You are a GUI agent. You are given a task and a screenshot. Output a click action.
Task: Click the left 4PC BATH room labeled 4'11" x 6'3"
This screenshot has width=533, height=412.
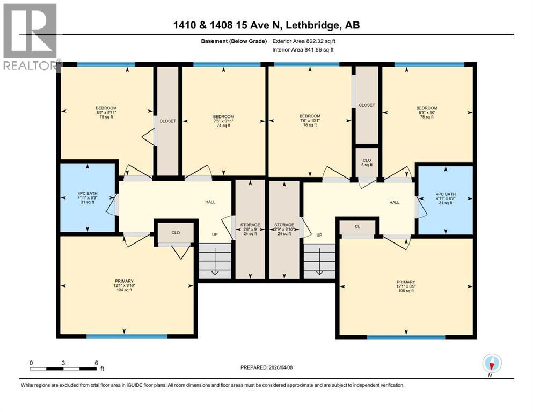[x=87, y=197]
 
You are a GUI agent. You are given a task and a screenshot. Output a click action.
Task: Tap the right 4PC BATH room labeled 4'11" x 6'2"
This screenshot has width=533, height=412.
[x=446, y=198]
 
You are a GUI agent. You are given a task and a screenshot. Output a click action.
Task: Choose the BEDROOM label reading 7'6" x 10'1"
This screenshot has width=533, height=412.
[x=310, y=121]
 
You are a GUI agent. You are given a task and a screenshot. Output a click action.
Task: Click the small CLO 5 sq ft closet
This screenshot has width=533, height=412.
[x=367, y=163]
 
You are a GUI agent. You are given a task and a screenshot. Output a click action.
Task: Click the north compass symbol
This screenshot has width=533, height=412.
[x=492, y=363]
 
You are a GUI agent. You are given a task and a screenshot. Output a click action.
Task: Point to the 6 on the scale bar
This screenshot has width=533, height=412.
[x=96, y=363]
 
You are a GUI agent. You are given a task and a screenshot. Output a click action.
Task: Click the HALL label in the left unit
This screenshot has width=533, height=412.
[x=210, y=202]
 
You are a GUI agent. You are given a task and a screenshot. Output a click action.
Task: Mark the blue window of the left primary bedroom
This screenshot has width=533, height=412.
[x=127, y=336]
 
